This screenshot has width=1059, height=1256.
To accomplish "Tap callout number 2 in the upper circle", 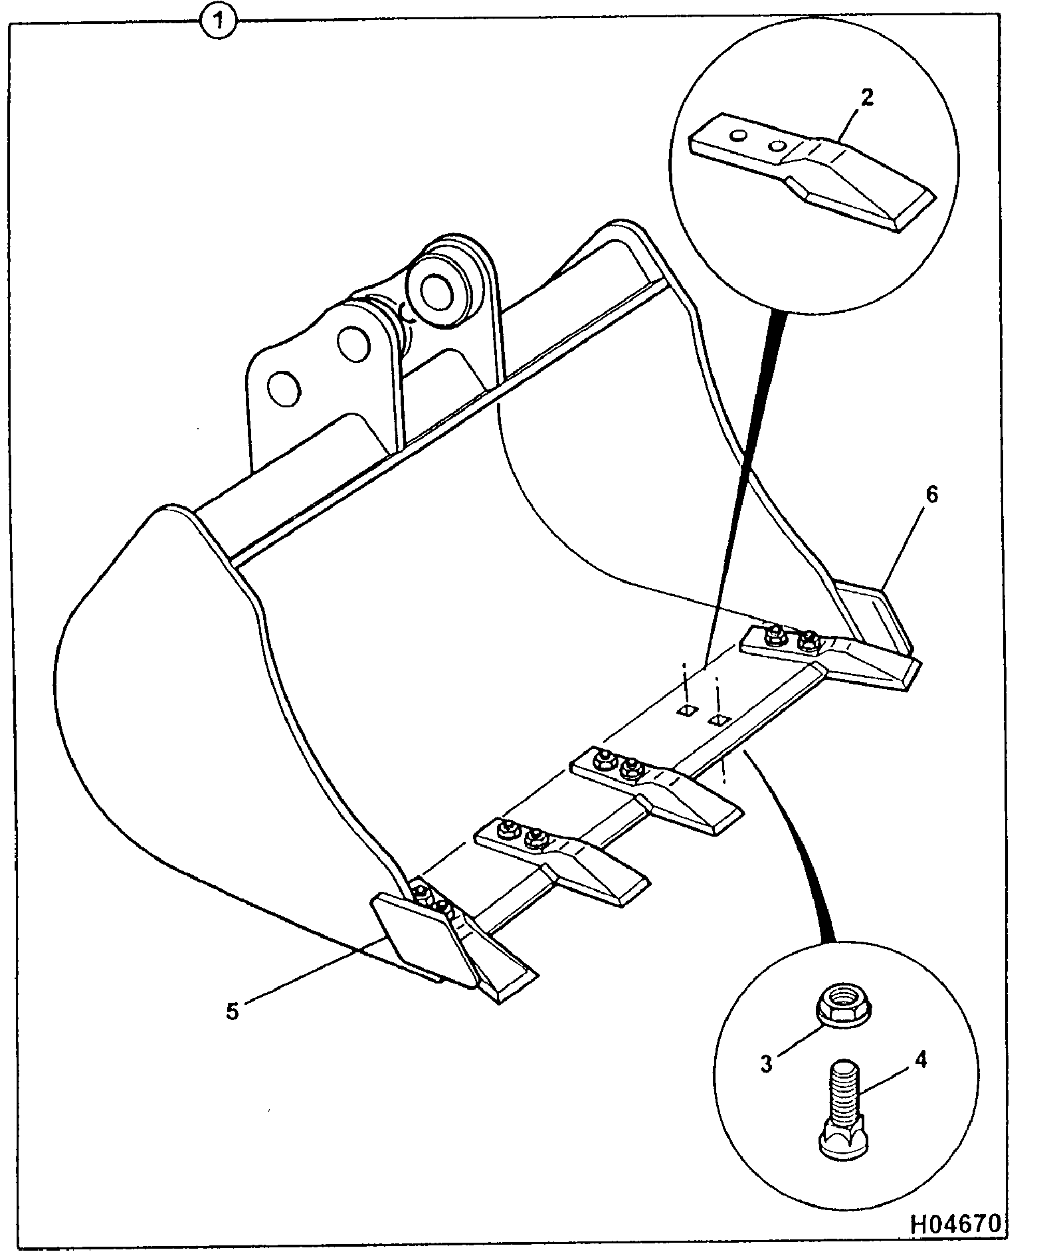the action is (x=867, y=99).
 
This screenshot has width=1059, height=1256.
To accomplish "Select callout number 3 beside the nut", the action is (x=767, y=1063).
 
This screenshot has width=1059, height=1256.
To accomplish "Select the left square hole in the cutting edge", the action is (x=687, y=711).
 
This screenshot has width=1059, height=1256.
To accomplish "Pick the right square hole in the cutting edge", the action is (x=720, y=720).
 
